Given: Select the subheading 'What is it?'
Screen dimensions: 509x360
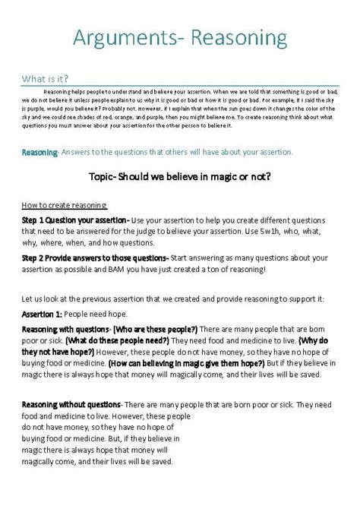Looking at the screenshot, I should point(45,78).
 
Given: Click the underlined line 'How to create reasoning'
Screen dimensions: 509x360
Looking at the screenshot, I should point(65,205).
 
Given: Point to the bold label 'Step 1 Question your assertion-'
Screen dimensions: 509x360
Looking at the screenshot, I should point(75,220).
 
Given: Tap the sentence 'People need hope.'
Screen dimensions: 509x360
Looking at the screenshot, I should point(106,314).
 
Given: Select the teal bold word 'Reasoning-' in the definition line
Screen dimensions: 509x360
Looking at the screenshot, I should point(39,152).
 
